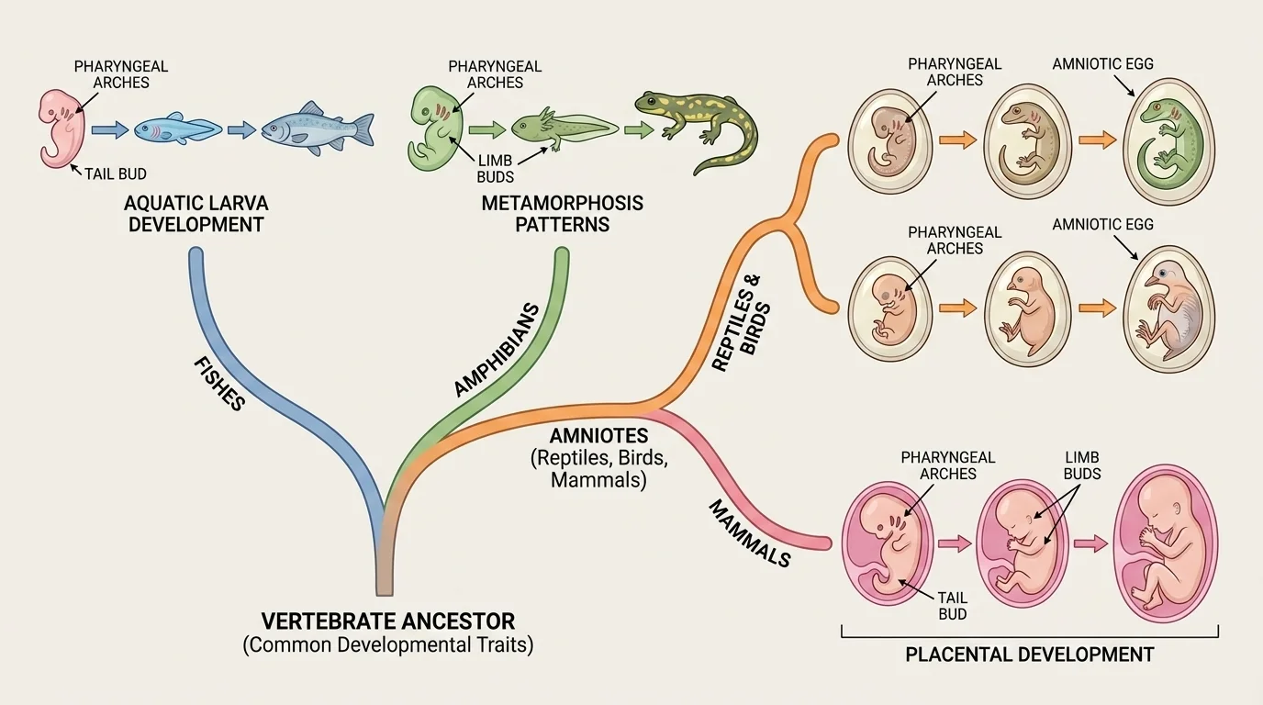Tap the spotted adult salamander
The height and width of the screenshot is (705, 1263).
pyautogui.click(x=698, y=127)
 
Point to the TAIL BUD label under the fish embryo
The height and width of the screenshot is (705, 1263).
pyautogui.click(x=115, y=173)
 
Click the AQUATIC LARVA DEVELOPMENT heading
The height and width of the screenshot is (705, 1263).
pyautogui.click(x=196, y=213)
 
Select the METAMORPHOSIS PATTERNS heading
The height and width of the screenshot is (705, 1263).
pyautogui.click(x=562, y=213)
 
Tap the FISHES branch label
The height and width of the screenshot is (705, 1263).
pyautogui.click(x=219, y=383)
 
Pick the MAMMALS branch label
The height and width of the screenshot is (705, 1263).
pyautogui.click(x=749, y=532)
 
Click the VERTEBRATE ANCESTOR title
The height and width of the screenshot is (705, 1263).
pyautogui.click(x=387, y=621)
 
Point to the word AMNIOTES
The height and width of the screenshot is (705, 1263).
pyautogui.click(x=599, y=436)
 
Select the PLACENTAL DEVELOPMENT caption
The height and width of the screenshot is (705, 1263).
pyautogui.click(x=1029, y=655)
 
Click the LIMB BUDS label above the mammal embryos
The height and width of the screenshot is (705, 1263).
pyautogui.click(x=1082, y=465)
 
